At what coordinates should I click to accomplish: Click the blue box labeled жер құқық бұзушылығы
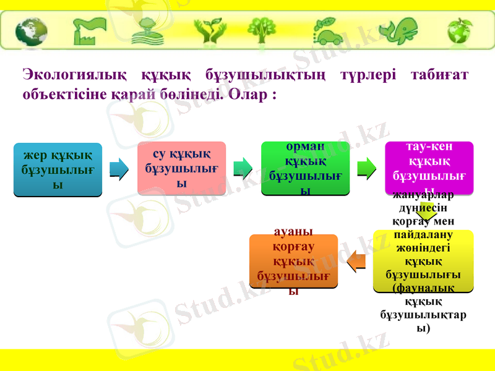pyautogui.click(x=58, y=169)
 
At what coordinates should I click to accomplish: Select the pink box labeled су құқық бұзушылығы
pyautogui.click(x=181, y=168)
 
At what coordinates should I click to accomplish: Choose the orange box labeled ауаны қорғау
pyautogui.click(x=293, y=261)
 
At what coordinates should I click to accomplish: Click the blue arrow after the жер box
pyautogui.click(x=119, y=168)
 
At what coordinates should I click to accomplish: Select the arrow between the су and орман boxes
pyautogui.click(x=243, y=168)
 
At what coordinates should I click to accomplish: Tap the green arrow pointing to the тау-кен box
pyautogui.click(x=367, y=168)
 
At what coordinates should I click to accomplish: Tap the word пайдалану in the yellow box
pyautogui.click(x=423, y=235)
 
